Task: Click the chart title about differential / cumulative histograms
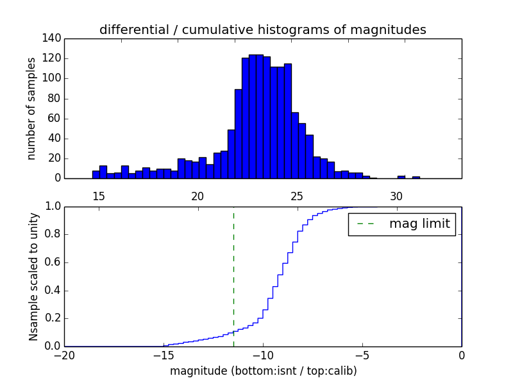point(262,30)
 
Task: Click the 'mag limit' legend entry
point(402,224)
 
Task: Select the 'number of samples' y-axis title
point(31,108)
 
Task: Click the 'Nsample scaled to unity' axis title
point(33,276)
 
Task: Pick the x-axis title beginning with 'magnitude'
point(263,371)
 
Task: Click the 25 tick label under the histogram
point(298,196)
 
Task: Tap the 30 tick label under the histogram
point(397,196)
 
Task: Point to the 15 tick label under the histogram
point(99,196)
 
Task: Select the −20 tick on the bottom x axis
point(64,355)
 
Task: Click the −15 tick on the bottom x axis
point(164,355)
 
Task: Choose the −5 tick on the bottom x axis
point(362,355)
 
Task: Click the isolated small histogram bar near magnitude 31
point(416,177)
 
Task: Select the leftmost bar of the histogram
point(96,175)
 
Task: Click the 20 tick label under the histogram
point(198,196)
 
